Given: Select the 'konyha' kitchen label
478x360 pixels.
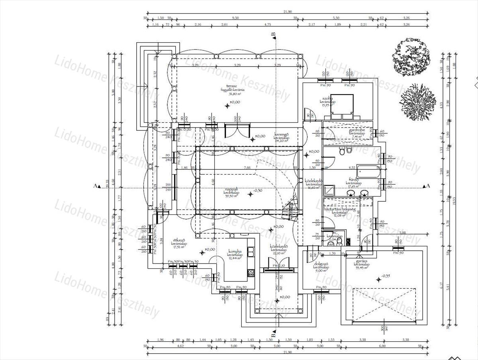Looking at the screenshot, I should pos(235,251).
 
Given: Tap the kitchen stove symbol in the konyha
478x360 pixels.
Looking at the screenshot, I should pos(251,273).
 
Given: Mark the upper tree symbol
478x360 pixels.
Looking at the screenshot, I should pos(411,57).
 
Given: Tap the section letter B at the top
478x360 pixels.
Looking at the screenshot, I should pos(273,35).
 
